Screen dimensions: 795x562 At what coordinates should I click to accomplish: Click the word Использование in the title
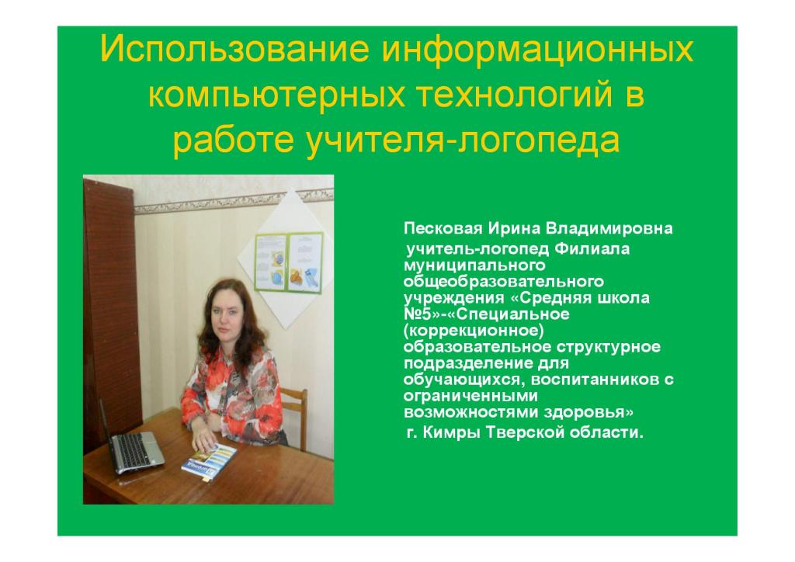click(x=234, y=49)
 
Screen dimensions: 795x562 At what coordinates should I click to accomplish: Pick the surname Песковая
click(x=443, y=228)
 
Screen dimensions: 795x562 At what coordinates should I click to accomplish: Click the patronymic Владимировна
click(x=609, y=228)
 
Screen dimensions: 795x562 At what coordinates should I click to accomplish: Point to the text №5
click(x=417, y=314)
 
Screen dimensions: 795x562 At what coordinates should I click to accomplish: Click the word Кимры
click(x=450, y=433)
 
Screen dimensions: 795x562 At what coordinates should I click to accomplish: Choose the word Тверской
click(x=522, y=433)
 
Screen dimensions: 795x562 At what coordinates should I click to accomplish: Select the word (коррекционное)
click(x=474, y=331)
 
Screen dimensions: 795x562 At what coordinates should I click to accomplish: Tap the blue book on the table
click(x=209, y=462)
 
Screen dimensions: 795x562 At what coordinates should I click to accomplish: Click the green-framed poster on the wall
click(x=289, y=262)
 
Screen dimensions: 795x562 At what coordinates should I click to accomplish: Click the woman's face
click(x=224, y=310)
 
